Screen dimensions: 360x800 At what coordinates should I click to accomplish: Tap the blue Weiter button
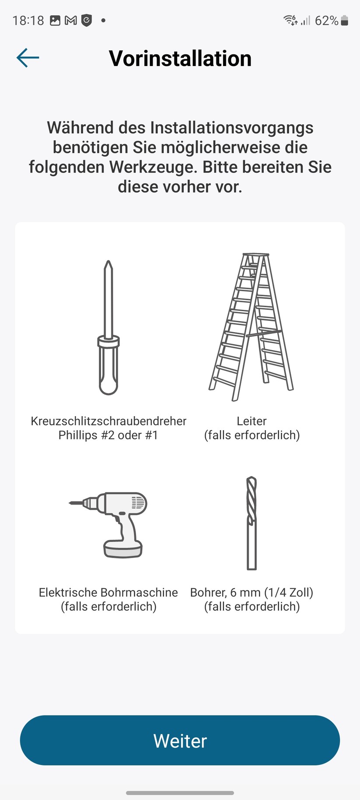click(180, 740)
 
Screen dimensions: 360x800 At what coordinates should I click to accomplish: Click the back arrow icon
click(28, 58)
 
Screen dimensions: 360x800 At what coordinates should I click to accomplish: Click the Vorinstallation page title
click(180, 58)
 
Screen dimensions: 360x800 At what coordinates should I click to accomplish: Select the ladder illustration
click(251, 326)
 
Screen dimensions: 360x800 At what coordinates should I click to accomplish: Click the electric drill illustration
click(108, 524)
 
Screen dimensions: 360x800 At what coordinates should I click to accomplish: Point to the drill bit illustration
click(252, 523)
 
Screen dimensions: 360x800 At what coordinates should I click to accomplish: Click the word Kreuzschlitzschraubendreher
click(108, 421)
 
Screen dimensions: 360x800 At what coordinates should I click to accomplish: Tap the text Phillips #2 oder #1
click(108, 435)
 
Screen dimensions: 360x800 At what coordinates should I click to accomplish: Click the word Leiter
click(252, 421)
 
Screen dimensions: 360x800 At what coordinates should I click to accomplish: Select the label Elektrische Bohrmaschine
click(108, 592)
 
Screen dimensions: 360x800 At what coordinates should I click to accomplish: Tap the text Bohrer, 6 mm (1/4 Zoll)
click(252, 593)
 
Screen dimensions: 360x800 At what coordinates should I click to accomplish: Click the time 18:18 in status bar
click(28, 21)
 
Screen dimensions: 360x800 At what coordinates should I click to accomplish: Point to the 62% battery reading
click(326, 21)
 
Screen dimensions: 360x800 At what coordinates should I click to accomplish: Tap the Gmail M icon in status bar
click(71, 21)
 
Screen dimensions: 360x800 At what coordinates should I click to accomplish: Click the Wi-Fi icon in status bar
click(290, 20)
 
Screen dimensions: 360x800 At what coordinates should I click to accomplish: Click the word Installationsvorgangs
click(232, 128)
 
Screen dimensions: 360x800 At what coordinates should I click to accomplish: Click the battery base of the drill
click(123, 549)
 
